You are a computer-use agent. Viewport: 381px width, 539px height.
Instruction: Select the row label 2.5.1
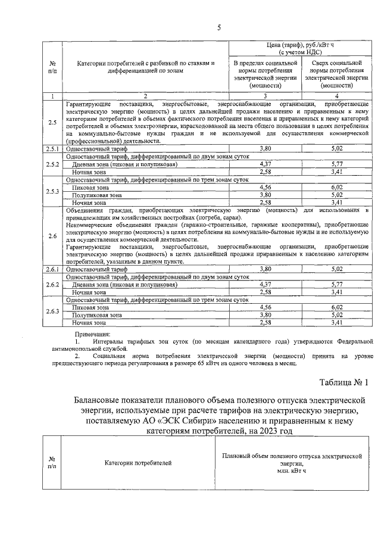52,149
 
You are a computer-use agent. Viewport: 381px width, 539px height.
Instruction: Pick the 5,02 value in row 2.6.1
337,269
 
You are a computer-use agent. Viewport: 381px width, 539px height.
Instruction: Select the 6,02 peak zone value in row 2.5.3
337,186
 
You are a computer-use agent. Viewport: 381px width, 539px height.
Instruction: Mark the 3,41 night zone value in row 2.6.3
337,322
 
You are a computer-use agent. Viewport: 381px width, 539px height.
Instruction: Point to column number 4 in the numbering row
337,96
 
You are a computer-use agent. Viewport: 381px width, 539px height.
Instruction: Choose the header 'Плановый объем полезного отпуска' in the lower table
292,455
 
